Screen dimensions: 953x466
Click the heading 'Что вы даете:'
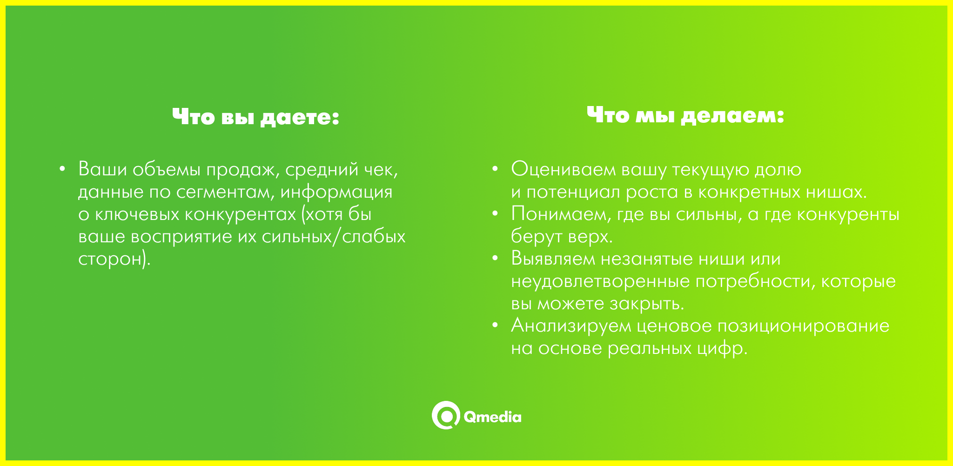[x=255, y=117]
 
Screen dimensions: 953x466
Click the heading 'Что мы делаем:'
[x=685, y=115]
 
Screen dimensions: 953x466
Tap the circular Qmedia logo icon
[x=446, y=415]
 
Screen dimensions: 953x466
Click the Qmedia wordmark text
[x=492, y=417]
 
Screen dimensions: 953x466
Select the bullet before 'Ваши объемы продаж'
[x=62, y=169]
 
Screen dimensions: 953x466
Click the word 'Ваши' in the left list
[x=102, y=169]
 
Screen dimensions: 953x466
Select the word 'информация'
[x=336, y=192]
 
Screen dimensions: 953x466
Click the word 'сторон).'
[x=114, y=260]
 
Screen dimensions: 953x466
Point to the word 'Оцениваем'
[x=564, y=169]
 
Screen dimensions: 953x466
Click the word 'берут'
[x=537, y=237]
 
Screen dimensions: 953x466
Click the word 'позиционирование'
[x=803, y=326]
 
